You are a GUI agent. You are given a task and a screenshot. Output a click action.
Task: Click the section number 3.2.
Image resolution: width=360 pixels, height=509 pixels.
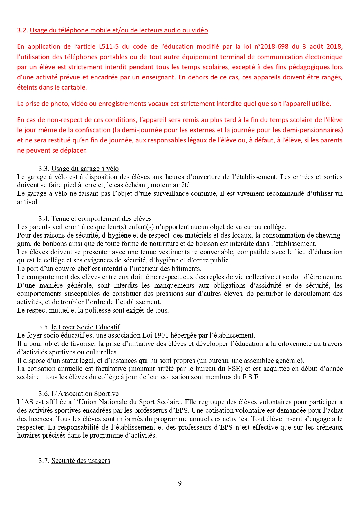[22, 30]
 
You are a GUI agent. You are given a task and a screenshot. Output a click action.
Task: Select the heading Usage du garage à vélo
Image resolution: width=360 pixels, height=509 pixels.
[85, 169]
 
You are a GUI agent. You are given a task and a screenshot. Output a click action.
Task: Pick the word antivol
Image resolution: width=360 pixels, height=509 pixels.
[28, 202]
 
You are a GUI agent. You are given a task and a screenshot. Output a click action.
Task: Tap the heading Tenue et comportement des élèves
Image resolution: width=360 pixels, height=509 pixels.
[102, 219]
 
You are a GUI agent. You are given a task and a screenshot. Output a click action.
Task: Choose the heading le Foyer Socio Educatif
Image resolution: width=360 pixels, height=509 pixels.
[86, 327]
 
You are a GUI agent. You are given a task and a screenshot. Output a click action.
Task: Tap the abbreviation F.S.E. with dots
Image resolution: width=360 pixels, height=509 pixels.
[251, 377]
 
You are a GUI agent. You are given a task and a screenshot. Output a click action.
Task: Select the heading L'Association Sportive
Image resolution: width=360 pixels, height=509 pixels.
[85, 394]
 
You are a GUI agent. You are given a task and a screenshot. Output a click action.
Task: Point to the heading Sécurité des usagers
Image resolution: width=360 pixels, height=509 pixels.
[81, 461]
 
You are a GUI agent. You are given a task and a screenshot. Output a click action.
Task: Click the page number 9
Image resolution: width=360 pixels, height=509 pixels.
[180, 483]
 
